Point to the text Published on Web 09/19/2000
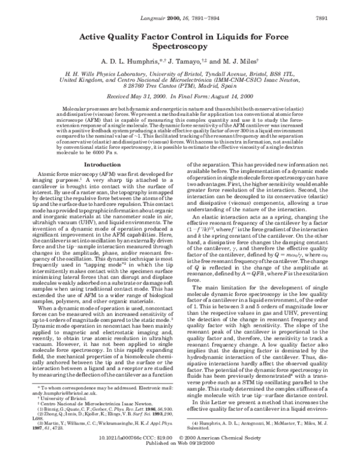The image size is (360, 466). click(179, 460)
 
